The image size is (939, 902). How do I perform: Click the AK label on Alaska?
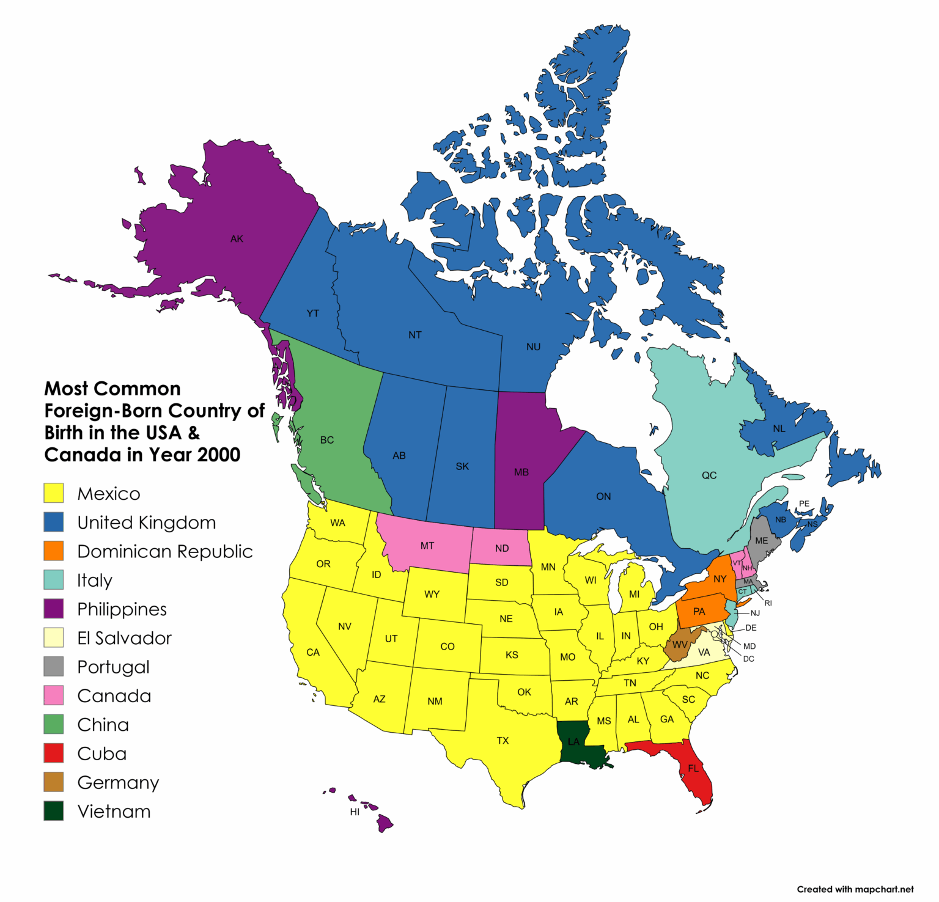237,239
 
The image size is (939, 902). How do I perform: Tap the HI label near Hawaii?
355,812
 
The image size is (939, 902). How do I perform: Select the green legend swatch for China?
54,725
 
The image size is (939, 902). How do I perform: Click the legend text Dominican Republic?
164,552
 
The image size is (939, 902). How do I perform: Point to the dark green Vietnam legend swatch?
54,812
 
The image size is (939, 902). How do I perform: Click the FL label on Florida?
693,768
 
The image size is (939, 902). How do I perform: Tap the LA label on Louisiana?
573,742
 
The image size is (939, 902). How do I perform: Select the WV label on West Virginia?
680,645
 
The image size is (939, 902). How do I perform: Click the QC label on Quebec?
709,475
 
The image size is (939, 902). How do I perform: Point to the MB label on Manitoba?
521,472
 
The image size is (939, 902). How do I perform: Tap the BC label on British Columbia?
327,440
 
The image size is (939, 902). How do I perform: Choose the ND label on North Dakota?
502,548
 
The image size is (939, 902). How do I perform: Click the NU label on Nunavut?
533,347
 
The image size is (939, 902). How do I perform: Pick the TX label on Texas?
503,741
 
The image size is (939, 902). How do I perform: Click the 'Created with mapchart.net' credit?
855,889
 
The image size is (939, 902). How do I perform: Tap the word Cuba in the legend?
102,754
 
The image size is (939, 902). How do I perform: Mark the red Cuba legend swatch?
54,754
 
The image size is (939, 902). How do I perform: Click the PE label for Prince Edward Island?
804,504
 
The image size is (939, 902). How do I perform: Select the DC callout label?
748,659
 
